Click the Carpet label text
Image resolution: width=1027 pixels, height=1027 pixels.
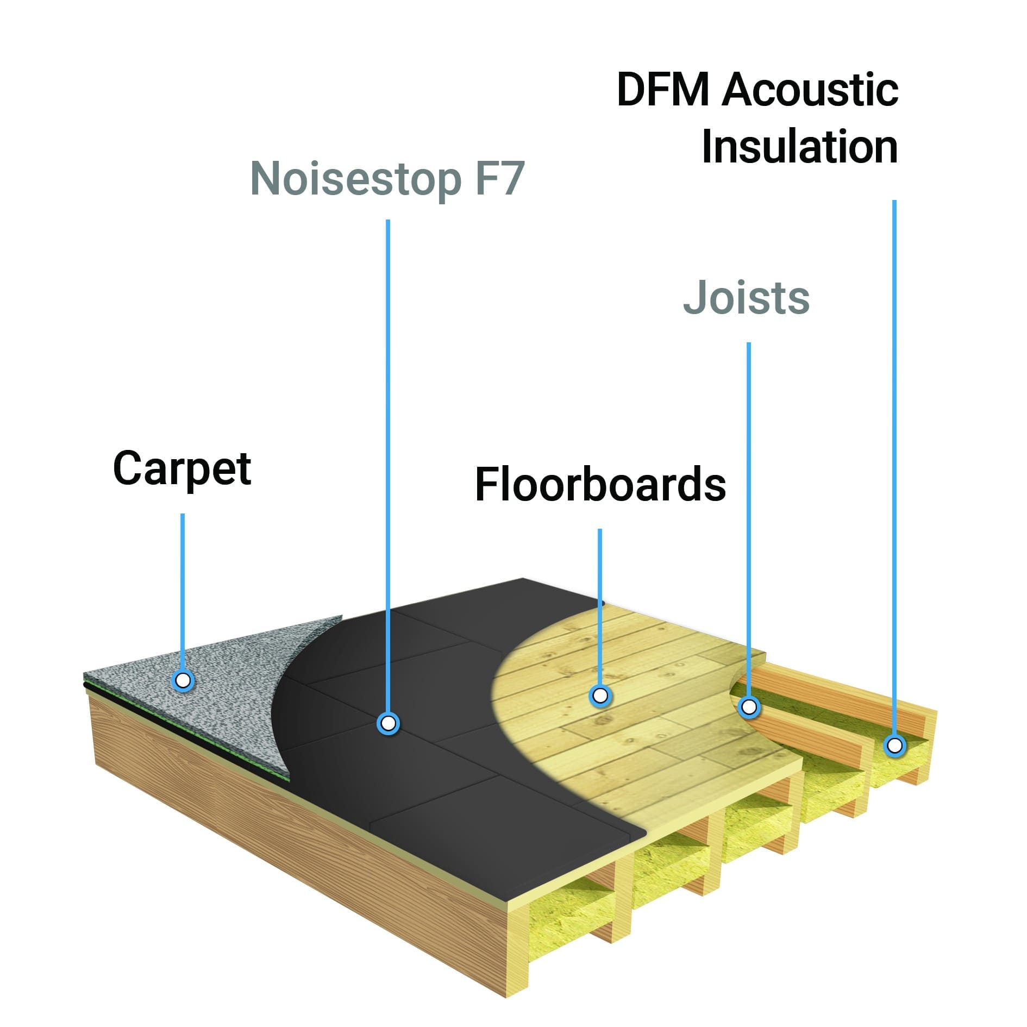pyautogui.click(x=182, y=469)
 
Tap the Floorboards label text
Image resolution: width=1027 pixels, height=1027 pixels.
pyautogui.click(x=600, y=484)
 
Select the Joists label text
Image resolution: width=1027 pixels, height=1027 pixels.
pyautogui.click(x=746, y=298)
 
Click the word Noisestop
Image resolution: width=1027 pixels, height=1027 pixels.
pyautogui.click(x=355, y=179)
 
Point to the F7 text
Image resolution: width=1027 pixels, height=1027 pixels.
pyautogui.click(x=499, y=179)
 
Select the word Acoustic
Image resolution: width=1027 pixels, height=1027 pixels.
pyautogui.click(x=810, y=90)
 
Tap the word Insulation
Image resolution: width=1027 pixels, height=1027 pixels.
pyautogui.click(x=799, y=147)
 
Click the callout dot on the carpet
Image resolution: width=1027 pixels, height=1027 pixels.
pyautogui.click(x=183, y=680)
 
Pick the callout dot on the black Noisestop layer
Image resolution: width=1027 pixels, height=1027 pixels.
pyautogui.click(x=388, y=723)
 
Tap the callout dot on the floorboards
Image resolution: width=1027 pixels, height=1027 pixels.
pyautogui.click(x=600, y=695)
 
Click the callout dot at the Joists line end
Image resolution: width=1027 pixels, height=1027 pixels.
pyautogui.click(x=749, y=707)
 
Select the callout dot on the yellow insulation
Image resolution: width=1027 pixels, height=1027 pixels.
pyautogui.click(x=894, y=745)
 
